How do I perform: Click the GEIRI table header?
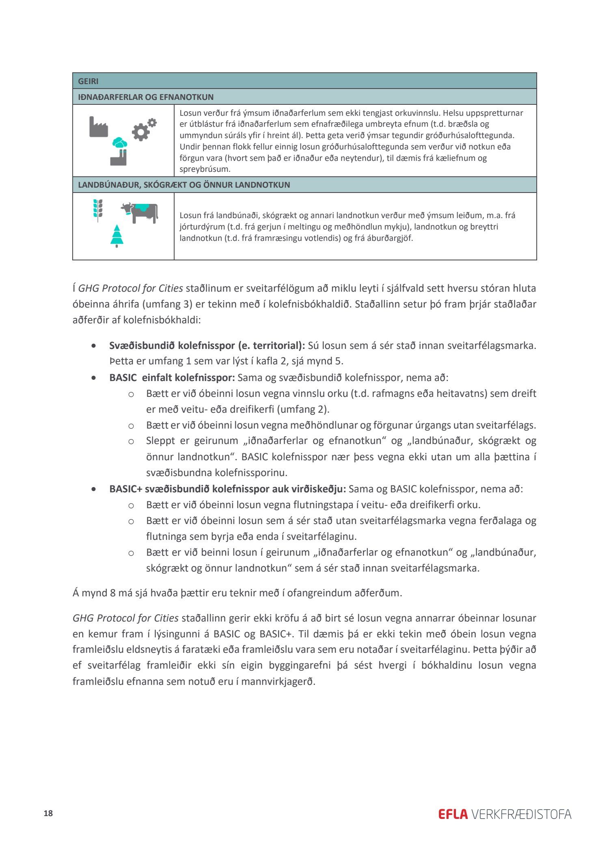click(x=88, y=81)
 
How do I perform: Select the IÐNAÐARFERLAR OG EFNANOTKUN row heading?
click(x=145, y=97)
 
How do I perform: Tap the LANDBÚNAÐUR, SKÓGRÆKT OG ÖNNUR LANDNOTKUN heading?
click(x=184, y=185)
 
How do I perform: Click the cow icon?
click(x=140, y=212)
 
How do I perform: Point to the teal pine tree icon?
click(x=117, y=236)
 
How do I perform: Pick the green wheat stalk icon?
click(x=98, y=210)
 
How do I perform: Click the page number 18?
click(x=48, y=813)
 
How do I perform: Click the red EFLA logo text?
click(x=453, y=814)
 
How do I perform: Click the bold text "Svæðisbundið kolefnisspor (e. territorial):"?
click(x=207, y=346)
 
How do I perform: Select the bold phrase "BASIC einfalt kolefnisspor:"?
click(x=172, y=378)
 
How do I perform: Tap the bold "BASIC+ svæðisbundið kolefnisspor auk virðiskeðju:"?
click(x=227, y=489)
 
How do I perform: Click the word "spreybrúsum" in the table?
click(x=205, y=169)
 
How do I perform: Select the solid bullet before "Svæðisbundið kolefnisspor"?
click(x=94, y=346)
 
